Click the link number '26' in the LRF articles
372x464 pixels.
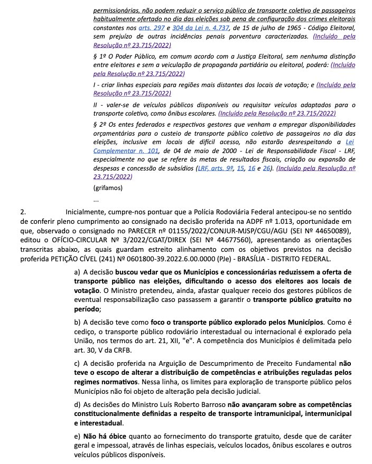(x=267, y=168)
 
